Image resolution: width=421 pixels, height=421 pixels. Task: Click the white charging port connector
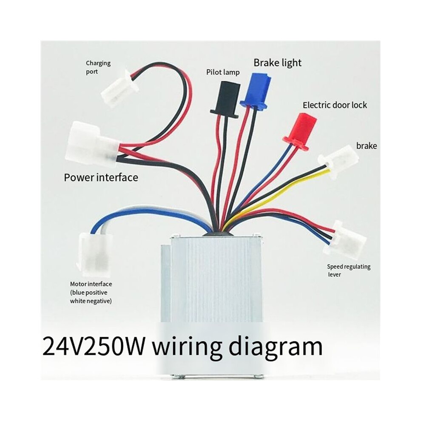click(x=119, y=88)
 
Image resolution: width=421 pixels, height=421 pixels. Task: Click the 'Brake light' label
click(x=277, y=63)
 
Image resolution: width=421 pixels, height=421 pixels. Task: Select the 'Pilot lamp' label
click(x=223, y=72)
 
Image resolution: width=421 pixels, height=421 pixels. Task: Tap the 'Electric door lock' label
click(x=335, y=105)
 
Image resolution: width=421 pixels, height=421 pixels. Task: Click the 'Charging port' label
click(x=98, y=67)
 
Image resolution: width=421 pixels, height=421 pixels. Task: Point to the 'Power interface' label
click(x=101, y=177)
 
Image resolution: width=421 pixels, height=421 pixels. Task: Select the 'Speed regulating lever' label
click(x=349, y=270)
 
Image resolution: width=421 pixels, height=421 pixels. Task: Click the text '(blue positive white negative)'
click(x=91, y=297)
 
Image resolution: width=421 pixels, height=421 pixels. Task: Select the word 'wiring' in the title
click(x=187, y=348)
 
